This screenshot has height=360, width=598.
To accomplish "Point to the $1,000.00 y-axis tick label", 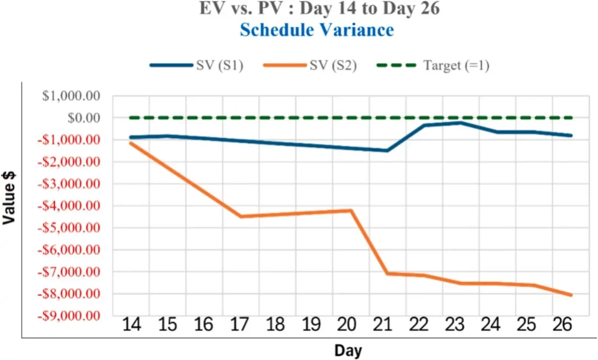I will click(71, 96).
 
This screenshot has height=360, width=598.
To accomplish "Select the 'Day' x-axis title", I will click(348, 351).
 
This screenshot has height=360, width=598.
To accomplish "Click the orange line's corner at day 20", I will click(351, 210).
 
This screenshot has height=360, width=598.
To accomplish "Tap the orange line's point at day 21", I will click(387, 273).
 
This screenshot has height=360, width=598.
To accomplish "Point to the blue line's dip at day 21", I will click(387, 151).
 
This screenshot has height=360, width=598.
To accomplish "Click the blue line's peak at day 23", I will click(460, 123).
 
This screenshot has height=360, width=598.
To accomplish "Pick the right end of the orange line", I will click(571, 295).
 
